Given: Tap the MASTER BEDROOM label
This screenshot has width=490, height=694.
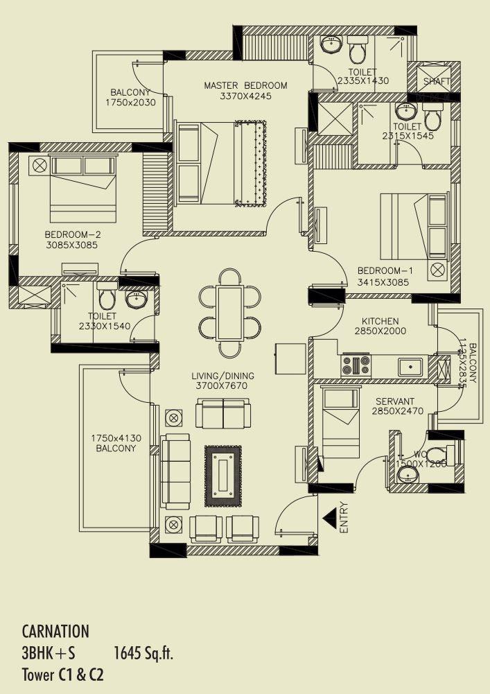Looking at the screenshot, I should pos(245,85).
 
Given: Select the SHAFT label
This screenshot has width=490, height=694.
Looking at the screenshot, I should pos(437,82).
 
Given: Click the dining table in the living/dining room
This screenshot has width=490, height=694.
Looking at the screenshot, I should pos(229,313).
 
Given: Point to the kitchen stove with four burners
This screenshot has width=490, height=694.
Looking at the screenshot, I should pos(356,365).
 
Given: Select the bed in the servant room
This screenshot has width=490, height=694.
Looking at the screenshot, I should pos(339,423).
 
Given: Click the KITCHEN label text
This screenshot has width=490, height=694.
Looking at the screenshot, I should pos(380,321).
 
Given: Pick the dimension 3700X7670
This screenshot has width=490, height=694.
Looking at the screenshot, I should pos(220,385).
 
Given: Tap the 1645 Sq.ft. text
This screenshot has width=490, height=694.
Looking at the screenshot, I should pos(143,652).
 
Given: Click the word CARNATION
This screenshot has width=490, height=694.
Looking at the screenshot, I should pos(55,632).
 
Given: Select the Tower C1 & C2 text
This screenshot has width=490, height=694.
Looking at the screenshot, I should pos(62,674).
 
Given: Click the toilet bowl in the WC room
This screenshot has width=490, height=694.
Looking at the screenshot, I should pos(437,456).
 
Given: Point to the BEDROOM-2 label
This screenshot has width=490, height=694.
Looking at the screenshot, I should pos(73,234).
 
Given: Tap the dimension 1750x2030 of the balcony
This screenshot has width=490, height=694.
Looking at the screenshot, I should pos(130,102).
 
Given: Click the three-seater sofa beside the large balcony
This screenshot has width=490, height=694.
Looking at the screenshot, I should pos(175,472).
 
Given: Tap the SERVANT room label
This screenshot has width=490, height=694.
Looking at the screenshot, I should pos(395,401).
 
